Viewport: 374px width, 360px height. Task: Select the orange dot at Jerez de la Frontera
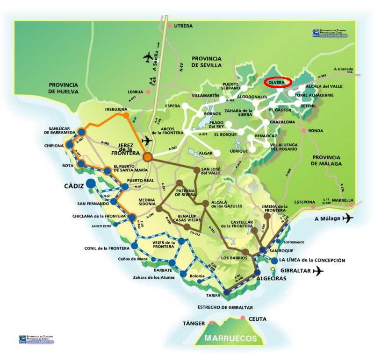[148, 157]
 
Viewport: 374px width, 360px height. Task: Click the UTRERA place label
[183, 26]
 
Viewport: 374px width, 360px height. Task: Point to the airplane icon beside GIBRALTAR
[319, 271]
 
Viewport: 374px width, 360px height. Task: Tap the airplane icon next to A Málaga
[348, 218]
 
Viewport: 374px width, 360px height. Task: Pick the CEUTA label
[258, 319]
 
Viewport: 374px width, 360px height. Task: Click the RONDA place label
[316, 131]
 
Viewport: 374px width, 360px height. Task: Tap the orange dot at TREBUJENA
[126, 115]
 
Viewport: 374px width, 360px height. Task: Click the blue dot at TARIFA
[227, 292]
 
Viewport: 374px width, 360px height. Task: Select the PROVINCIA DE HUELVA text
[65, 88]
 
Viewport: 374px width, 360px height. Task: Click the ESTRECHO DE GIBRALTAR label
[225, 307]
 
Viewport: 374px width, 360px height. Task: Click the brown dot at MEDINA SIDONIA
[158, 209]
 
